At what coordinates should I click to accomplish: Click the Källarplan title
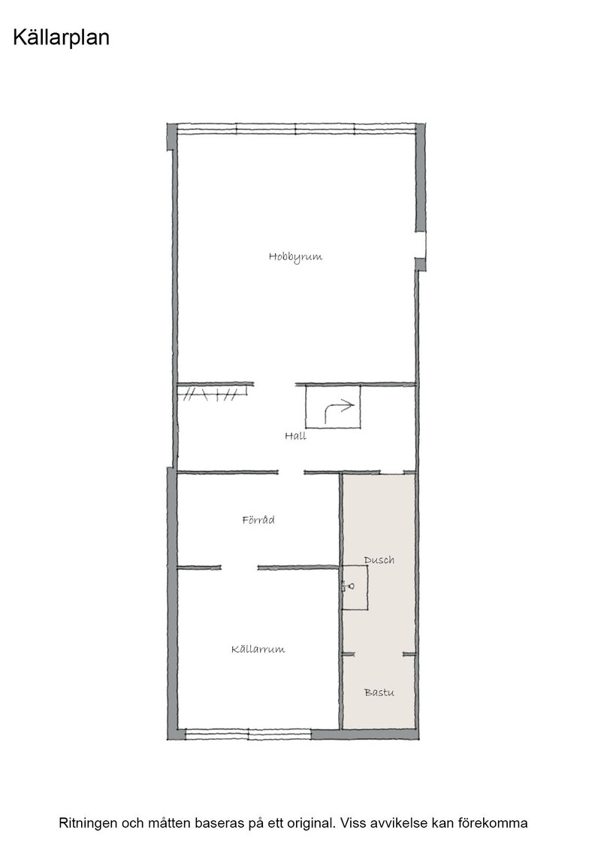(x=61, y=38)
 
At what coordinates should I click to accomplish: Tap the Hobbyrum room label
(x=296, y=256)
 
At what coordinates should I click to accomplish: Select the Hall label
(x=296, y=435)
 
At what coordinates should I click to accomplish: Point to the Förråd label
(x=258, y=519)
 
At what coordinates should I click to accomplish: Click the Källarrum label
(x=258, y=650)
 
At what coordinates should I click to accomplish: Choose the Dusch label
(x=379, y=559)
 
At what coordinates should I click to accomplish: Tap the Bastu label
(x=379, y=692)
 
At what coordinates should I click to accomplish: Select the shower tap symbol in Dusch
(x=348, y=586)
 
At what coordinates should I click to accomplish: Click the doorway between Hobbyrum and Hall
(x=274, y=384)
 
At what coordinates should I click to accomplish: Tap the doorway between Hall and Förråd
(x=291, y=473)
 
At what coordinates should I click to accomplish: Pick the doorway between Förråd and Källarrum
(x=240, y=568)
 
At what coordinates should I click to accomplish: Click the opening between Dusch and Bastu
(x=379, y=654)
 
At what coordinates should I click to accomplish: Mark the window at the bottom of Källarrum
(x=249, y=734)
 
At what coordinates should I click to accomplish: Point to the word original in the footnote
(x=314, y=823)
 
